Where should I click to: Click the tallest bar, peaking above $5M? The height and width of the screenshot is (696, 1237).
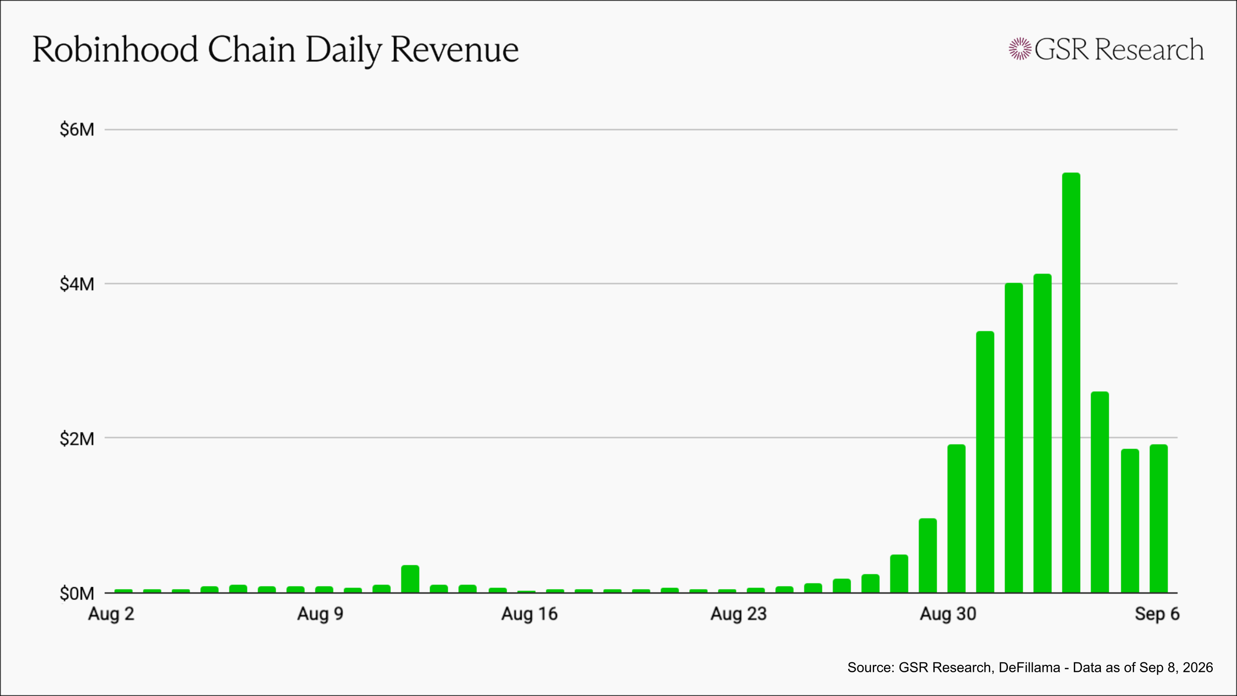1071,383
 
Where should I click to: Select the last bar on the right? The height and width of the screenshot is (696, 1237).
1158,518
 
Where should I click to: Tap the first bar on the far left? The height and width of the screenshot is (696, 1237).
123,591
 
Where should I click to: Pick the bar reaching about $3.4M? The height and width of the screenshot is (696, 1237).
985,462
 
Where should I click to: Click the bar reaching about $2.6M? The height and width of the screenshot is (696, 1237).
1099,492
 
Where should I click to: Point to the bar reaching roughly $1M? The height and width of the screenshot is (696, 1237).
927,555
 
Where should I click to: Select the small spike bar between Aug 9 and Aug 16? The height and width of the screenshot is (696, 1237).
410,579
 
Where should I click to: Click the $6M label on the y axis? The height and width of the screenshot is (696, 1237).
77,130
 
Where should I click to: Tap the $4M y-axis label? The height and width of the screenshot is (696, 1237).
77,284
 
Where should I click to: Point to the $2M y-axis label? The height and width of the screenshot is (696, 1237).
77,439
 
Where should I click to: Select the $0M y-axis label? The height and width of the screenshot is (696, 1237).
77,593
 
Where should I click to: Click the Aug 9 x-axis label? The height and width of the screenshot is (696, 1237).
320,614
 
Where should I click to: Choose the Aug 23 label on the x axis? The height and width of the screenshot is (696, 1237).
738,614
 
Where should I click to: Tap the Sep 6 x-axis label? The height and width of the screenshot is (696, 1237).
1157,614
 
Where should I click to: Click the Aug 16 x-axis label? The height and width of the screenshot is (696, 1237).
529,614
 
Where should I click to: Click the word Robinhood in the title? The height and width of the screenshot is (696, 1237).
115,50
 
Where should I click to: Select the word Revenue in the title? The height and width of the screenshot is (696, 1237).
455,50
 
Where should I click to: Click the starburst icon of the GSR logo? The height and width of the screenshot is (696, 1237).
1020,49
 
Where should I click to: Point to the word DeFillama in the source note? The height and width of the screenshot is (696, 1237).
1029,667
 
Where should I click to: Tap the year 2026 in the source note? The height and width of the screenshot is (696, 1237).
1197,667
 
